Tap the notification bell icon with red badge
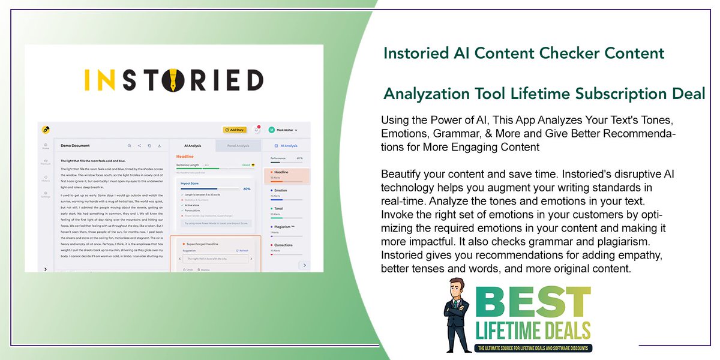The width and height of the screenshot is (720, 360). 257,129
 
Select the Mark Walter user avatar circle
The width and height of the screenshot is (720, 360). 271,130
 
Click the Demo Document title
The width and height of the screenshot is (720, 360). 75,145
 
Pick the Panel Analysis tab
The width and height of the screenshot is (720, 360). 238,145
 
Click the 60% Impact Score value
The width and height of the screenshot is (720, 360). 247,188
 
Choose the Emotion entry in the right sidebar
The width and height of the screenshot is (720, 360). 281,190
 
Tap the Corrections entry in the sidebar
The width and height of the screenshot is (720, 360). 284,245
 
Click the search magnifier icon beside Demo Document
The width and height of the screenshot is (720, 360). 129,145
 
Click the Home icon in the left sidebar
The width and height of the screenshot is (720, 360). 46,145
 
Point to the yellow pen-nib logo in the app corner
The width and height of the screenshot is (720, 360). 46,129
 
